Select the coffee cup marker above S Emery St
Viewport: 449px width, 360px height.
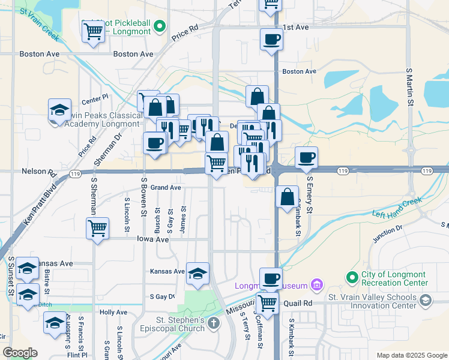point(307,157)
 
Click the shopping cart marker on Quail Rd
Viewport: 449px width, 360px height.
point(267,302)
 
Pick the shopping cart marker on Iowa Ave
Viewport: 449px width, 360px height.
point(97,227)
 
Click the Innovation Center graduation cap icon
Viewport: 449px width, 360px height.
point(425,299)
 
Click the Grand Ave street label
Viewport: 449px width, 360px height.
point(166,188)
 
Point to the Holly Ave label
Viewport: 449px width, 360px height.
point(113,312)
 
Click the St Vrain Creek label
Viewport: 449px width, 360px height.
point(40,25)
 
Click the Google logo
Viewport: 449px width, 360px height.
point(20,353)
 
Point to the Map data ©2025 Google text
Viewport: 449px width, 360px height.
point(411,355)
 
